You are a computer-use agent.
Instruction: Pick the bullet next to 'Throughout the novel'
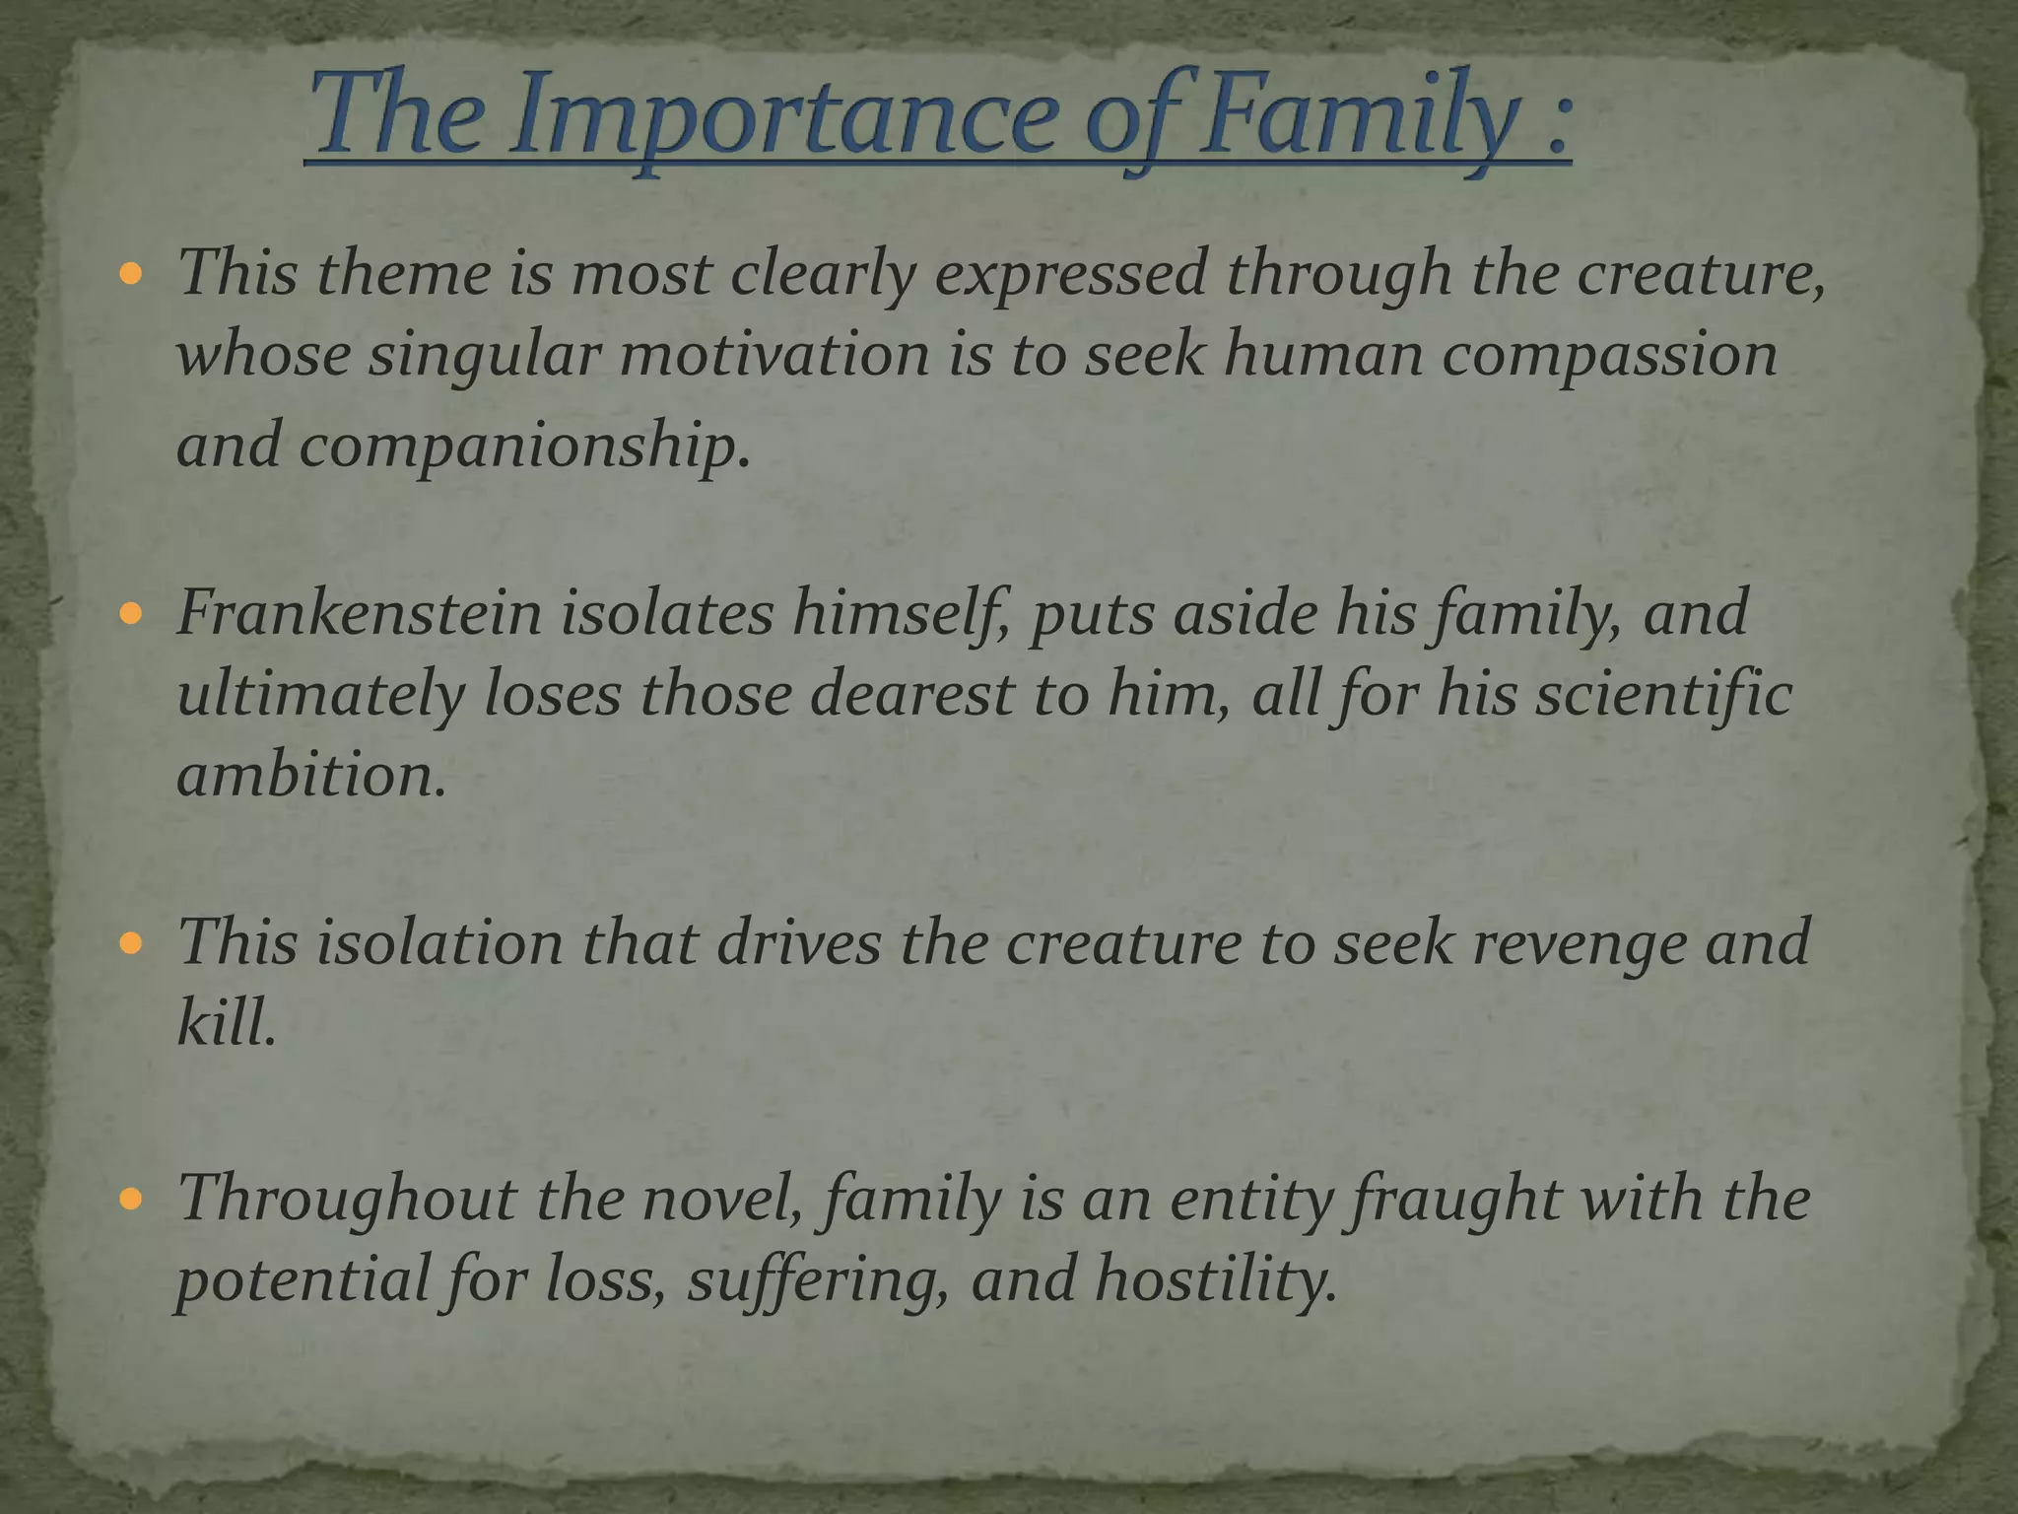coord(131,1200)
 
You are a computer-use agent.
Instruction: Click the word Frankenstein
coord(360,612)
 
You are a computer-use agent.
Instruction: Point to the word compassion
coord(1609,355)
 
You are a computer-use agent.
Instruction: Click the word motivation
coord(774,355)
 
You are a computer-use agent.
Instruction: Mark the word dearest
coord(912,694)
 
